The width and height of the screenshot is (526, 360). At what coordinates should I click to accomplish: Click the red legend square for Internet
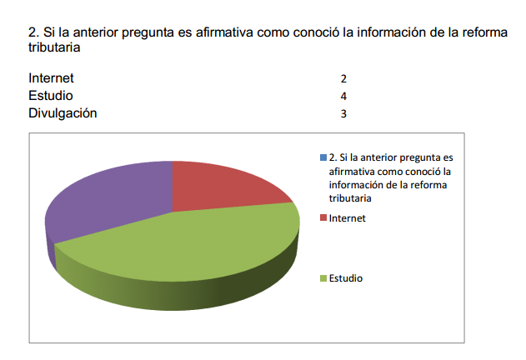click(x=323, y=218)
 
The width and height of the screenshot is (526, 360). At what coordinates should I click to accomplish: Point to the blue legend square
click(x=323, y=157)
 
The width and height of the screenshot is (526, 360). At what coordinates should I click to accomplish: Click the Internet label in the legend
click(x=348, y=218)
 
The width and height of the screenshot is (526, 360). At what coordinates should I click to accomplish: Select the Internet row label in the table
click(x=51, y=78)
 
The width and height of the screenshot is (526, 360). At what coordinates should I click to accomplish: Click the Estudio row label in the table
click(x=50, y=96)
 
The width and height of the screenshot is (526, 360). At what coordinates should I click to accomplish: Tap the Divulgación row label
click(x=63, y=113)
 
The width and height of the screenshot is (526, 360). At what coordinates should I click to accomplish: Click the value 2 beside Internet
click(x=343, y=79)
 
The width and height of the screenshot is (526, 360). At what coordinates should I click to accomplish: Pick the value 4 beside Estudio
click(x=343, y=97)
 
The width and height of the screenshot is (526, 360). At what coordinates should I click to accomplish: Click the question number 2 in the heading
click(x=33, y=32)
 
